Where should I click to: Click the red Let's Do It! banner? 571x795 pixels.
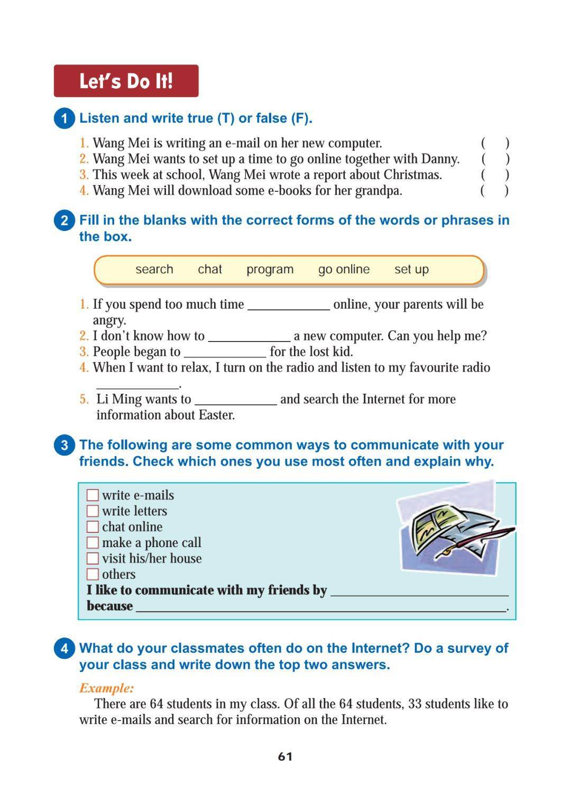tap(126, 81)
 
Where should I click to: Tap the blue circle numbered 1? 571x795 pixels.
tap(65, 118)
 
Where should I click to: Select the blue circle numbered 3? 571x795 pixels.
tap(65, 445)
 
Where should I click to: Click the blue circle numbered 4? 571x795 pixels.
tap(65, 649)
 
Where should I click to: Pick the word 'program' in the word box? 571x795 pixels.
tap(270, 270)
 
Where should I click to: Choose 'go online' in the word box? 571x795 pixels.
tap(344, 270)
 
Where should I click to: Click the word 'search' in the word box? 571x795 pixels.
tap(154, 270)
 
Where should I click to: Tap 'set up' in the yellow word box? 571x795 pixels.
tap(411, 270)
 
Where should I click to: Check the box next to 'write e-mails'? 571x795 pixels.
tap(93, 495)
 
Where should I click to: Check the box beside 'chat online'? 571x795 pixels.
tap(93, 527)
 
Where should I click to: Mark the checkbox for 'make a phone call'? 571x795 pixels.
tap(93, 543)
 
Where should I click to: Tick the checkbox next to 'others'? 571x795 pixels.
tap(93, 575)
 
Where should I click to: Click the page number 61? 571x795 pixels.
tap(285, 756)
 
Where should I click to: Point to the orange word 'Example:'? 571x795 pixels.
tap(106, 688)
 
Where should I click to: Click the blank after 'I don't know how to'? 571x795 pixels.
tap(249, 337)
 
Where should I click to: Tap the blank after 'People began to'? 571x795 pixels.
tap(225, 353)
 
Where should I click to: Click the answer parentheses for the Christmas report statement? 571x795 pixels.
tap(495, 175)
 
